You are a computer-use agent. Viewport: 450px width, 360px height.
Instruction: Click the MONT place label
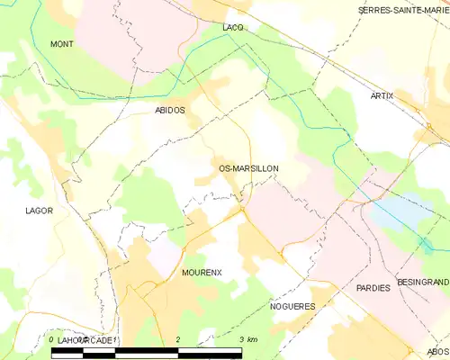click(62, 44)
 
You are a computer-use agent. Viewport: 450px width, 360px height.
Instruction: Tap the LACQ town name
click(232, 28)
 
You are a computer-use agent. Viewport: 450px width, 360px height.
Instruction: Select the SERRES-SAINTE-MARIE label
click(403, 10)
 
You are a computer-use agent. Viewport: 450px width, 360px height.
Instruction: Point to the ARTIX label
click(382, 95)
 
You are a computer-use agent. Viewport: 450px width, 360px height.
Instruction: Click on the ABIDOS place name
click(170, 110)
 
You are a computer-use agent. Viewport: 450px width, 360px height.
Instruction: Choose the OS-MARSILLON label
click(248, 168)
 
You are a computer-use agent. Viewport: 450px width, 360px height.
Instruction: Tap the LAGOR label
click(40, 211)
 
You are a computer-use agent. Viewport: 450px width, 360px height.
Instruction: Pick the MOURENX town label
click(202, 272)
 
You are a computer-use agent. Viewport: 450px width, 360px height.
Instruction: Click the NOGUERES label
click(291, 306)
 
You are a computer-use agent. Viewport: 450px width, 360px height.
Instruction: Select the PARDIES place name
click(373, 288)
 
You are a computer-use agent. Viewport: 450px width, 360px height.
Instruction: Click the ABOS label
click(438, 352)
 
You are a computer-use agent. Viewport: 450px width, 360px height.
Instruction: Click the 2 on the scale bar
click(179, 339)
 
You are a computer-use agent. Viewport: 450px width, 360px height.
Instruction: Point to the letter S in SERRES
click(361, 10)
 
